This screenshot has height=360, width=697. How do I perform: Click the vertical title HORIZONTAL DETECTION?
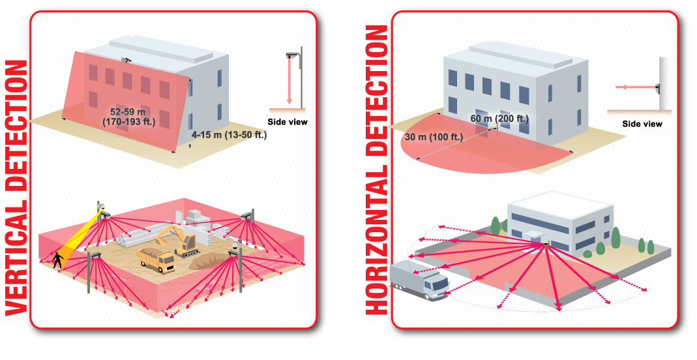(x=377, y=170)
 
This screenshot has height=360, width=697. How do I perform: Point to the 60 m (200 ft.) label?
(x=499, y=118)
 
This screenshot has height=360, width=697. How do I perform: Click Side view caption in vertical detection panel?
(x=288, y=122)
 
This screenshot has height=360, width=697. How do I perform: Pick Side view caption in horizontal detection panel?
(x=642, y=124)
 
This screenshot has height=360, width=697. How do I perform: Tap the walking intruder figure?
(x=59, y=259)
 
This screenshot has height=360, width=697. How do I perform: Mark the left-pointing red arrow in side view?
(x=636, y=86)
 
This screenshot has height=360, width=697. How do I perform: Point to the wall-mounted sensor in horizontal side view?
(x=657, y=86)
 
